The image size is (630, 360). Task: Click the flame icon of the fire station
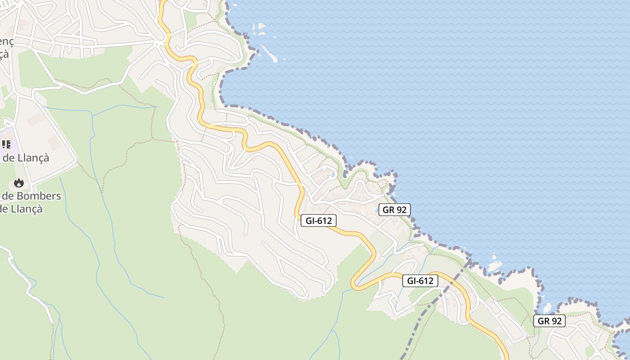pos(18,183)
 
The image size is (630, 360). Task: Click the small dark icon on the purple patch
pos(6,144)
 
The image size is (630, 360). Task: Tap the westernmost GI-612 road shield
pos(319,220)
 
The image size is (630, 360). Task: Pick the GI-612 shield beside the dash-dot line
pos(420,281)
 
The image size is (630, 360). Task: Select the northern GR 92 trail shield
pos(395,210)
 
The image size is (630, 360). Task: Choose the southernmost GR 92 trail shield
pos(549,321)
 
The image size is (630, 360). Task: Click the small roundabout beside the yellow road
pos(158,43)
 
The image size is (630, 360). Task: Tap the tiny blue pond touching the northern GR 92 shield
pos(376,210)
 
